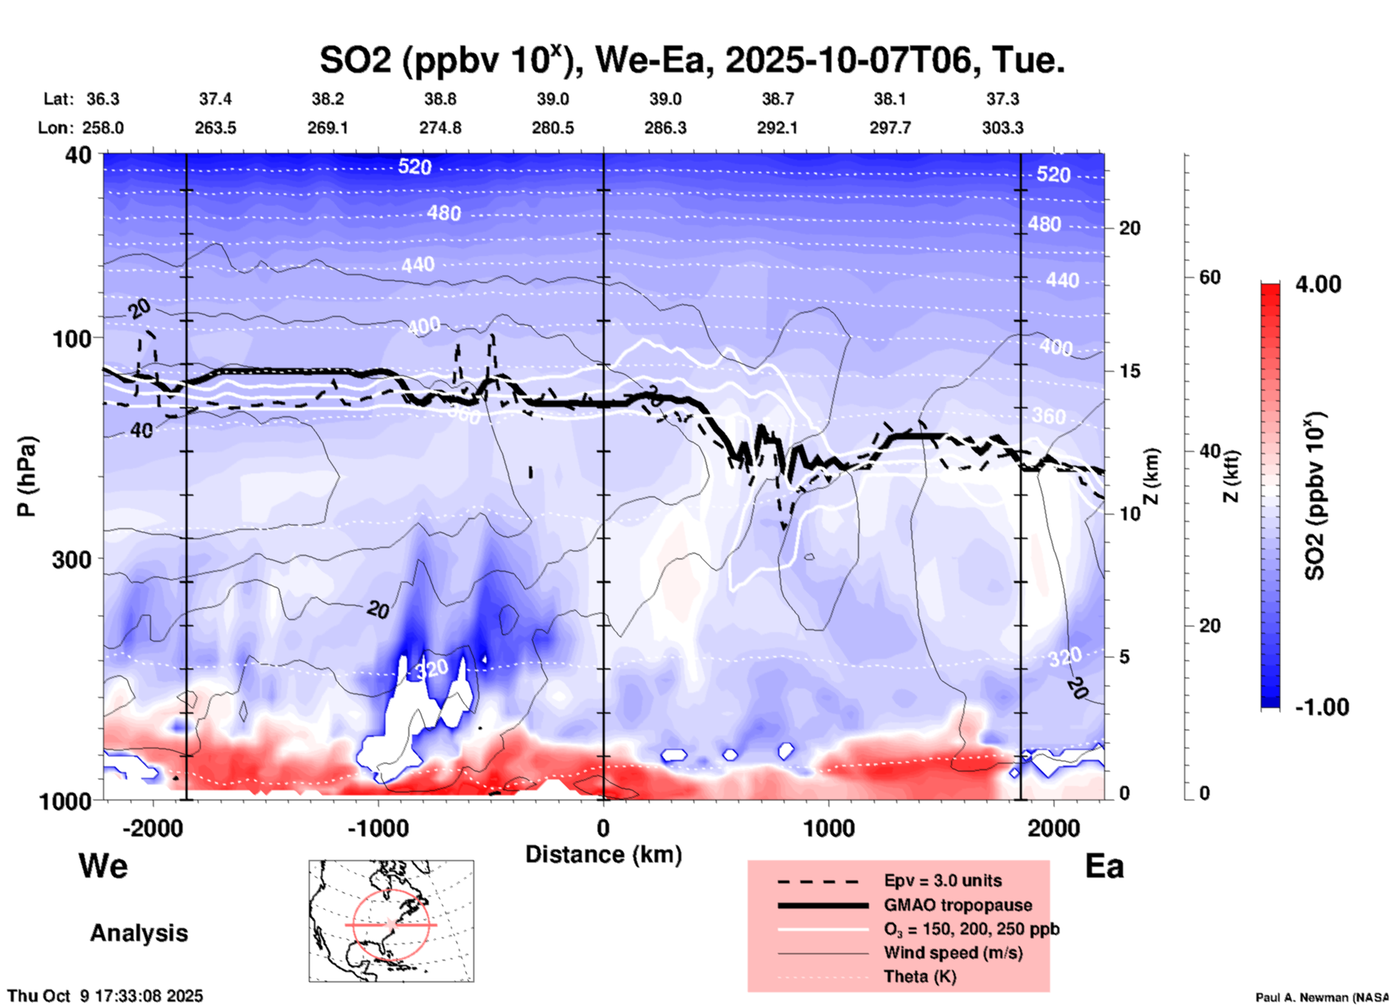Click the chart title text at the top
tap(692, 60)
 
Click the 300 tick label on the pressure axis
tap(72, 559)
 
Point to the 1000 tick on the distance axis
tap(829, 828)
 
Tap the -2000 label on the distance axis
tap(153, 828)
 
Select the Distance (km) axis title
tap(603, 854)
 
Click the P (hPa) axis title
tap(27, 476)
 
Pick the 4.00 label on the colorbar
tap(1318, 284)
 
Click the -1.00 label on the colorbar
tap(1321, 707)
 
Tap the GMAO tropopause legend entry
tap(958, 905)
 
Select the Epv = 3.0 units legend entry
tap(943, 880)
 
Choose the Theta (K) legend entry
tap(920, 976)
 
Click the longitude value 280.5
tap(553, 128)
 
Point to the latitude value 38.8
tap(440, 99)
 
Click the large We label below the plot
tap(103, 865)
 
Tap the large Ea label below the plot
tap(1104, 866)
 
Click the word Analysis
tap(139, 932)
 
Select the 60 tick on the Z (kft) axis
tap(1210, 277)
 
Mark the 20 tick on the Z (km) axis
tap(1129, 228)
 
